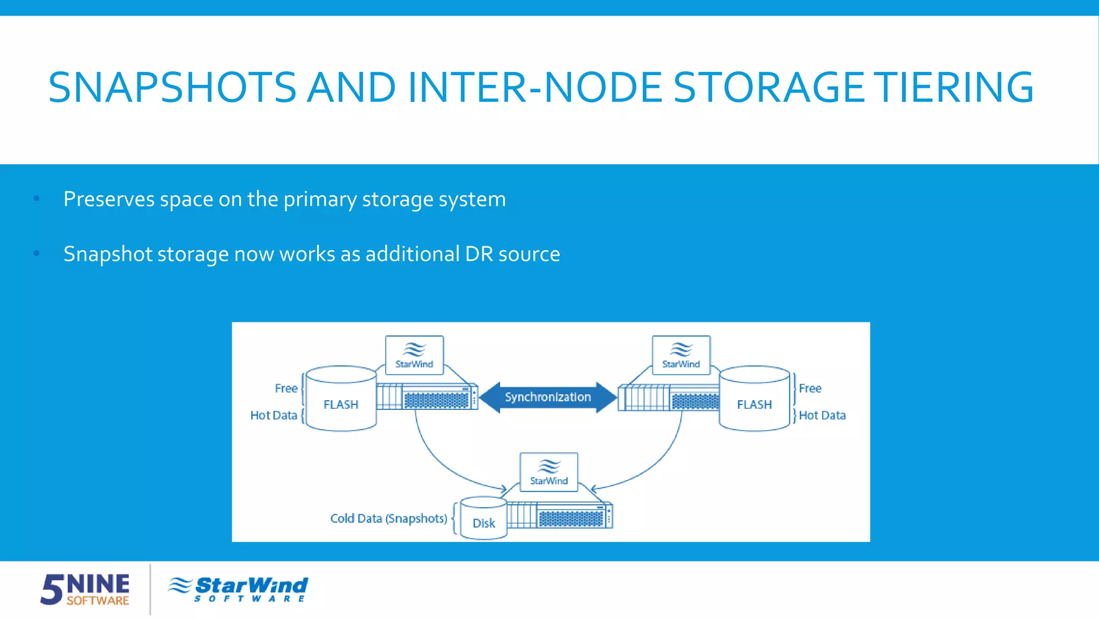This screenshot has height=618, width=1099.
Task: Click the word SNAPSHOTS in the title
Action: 172,87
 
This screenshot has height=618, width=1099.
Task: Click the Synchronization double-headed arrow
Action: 547,397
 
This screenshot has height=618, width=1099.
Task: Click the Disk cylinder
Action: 483,519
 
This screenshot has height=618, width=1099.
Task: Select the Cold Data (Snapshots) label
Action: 389,518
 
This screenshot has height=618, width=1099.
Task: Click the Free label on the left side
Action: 286,388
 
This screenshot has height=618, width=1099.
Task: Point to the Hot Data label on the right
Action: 822,415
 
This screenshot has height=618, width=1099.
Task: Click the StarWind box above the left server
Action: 414,355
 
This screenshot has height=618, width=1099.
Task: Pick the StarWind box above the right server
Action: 681,355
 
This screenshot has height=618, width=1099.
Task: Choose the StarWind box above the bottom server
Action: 548,472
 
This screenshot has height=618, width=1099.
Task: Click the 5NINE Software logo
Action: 85,589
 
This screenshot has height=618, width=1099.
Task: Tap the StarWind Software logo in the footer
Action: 238,589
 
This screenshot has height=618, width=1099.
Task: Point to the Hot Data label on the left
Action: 274,415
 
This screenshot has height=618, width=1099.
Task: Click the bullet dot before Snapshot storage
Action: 36,253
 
